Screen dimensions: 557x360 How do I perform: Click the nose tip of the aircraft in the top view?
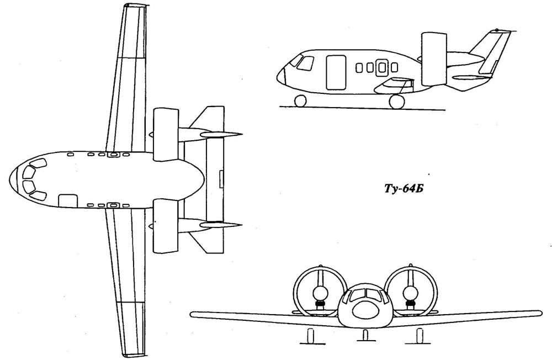[9, 180]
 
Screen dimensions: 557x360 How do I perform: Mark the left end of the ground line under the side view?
[279, 106]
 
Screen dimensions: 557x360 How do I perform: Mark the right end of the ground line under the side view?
[445, 110]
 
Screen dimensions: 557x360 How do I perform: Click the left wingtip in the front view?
[192, 315]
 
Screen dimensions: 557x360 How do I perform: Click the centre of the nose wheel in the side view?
[300, 101]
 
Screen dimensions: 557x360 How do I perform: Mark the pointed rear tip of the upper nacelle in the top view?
[242, 134]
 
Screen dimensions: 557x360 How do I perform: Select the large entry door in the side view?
[336, 72]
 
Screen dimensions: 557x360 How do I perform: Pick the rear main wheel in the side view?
[397, 101]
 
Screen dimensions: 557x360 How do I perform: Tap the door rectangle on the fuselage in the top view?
[68, 200]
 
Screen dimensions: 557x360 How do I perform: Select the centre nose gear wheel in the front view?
[365, 335]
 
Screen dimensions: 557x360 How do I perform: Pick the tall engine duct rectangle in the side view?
[434, 59]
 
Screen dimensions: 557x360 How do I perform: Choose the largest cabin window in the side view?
[382, 67]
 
